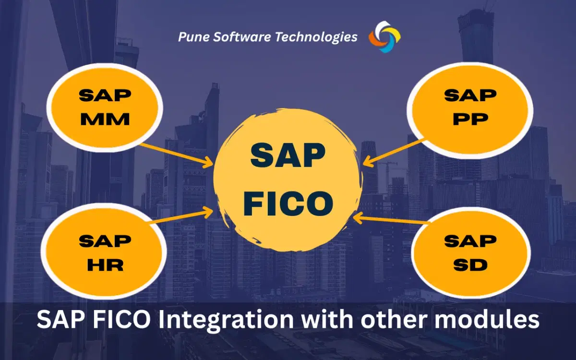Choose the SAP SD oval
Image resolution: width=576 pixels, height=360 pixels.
(470, 252)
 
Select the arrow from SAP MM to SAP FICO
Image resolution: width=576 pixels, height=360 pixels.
(175, 155)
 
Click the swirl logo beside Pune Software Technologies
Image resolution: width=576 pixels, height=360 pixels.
(384, 37)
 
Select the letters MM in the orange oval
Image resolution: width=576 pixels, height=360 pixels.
(105, 119)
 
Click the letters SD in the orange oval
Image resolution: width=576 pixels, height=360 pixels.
(470, 264)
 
